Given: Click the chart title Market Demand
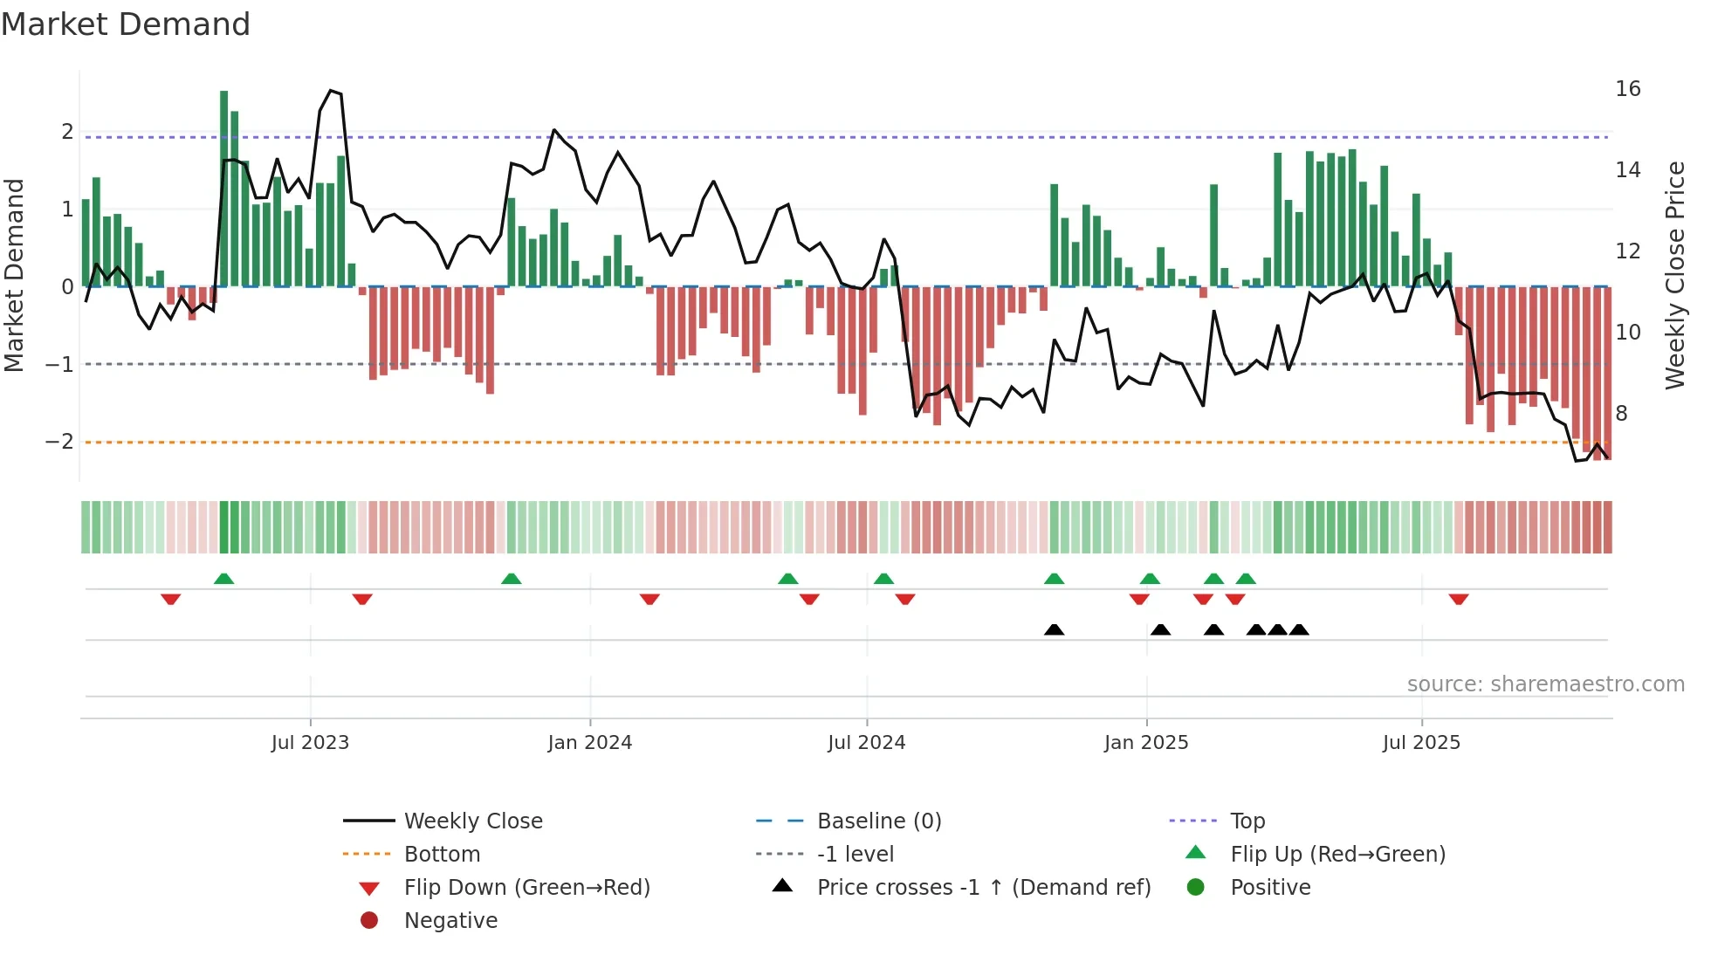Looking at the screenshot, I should point(126,24).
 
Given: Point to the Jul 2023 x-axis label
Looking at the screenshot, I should point(310,743).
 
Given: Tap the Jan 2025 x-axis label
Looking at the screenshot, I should point(1145,743).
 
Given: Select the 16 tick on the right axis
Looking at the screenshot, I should point(1627,89).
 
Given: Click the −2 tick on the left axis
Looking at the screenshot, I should point(59,442).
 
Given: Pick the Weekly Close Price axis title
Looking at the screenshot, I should point(1674,275).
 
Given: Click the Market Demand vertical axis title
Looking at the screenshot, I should point(14,275).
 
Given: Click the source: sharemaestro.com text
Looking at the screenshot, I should point(1545,684).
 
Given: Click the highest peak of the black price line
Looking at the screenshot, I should point(331,91).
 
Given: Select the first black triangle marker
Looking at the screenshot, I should point(1054,629).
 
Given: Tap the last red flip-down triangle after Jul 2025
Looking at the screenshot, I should point(1458,599).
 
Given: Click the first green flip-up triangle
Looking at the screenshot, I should point(223,579).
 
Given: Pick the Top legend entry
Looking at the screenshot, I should point(1247,821).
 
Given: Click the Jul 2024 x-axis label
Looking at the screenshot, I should point(866,743).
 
